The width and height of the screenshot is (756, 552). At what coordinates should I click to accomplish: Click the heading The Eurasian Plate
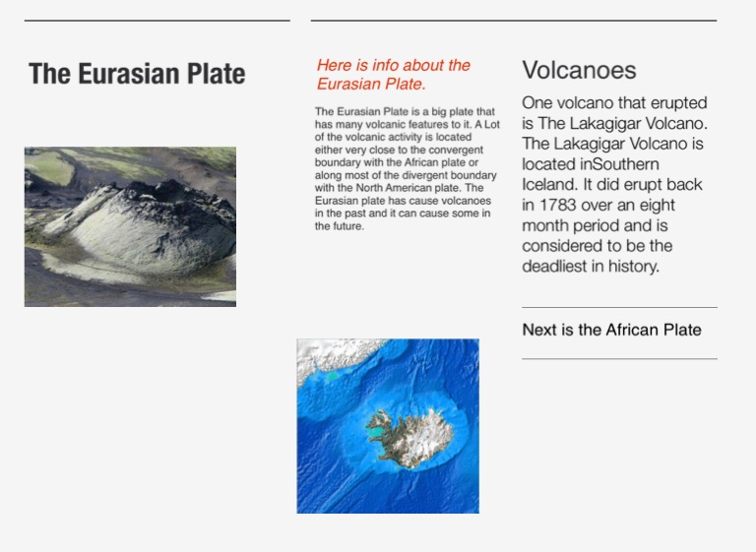(137, 74)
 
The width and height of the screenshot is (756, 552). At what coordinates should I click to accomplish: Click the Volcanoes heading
(579, 71)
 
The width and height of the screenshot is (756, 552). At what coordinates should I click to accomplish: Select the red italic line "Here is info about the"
(394, 65)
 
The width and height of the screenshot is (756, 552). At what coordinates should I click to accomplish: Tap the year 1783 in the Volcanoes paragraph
(557, 205)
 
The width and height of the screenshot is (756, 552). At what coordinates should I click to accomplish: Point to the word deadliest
(554, 266)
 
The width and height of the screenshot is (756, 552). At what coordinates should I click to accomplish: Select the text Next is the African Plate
(612, 330)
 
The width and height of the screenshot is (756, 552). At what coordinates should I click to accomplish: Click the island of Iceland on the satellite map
(409, 438)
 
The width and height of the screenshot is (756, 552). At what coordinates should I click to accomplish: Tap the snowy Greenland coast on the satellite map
(338, 356)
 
